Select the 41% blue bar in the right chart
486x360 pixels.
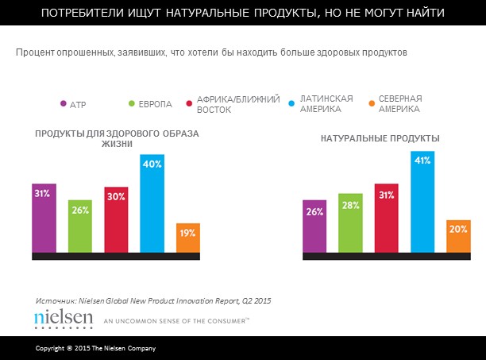[x=423, y=203]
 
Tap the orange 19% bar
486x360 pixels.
[x=187, y=238]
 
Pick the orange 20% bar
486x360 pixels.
[x=459, y=238]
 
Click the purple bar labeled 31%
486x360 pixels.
[x=44, y=217]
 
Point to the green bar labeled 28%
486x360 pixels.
[x=351, y=223]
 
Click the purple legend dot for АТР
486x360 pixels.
[x=63, y=104]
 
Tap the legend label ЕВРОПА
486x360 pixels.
[x=154, y=104]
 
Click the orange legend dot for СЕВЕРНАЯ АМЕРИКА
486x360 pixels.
[x=371, y=104]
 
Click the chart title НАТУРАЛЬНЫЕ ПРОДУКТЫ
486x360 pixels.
[x=380, y=138]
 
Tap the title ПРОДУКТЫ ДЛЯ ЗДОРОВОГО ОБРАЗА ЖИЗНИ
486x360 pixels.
[x=117, y=139]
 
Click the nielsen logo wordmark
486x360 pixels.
[x=64, y=318]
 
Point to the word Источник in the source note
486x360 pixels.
[x=56, y=300]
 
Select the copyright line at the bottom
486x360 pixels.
[x=95, y=350]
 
